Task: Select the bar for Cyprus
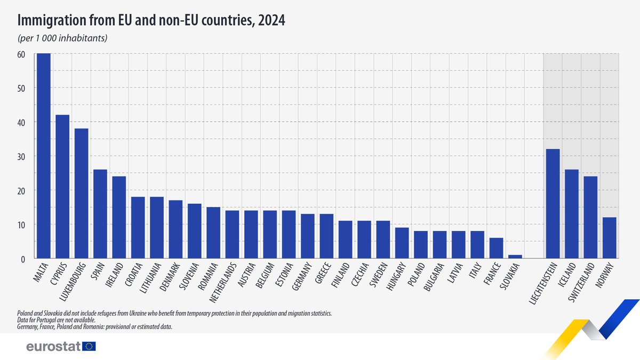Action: pyautogui.click(x=62, y=187)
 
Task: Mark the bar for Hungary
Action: pyautogui.click(x=402, y=243)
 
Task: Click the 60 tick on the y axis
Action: pyautogui.click(x=22, y=54)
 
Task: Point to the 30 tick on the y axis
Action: pyautogui.click(x=22, y=156)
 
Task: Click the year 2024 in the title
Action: pyautogui.click(x=273, y=21)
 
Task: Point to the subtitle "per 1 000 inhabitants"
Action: pyautogui.click(x=63, y=38)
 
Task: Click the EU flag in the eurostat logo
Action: pyautogui.click(x=89, y=347)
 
